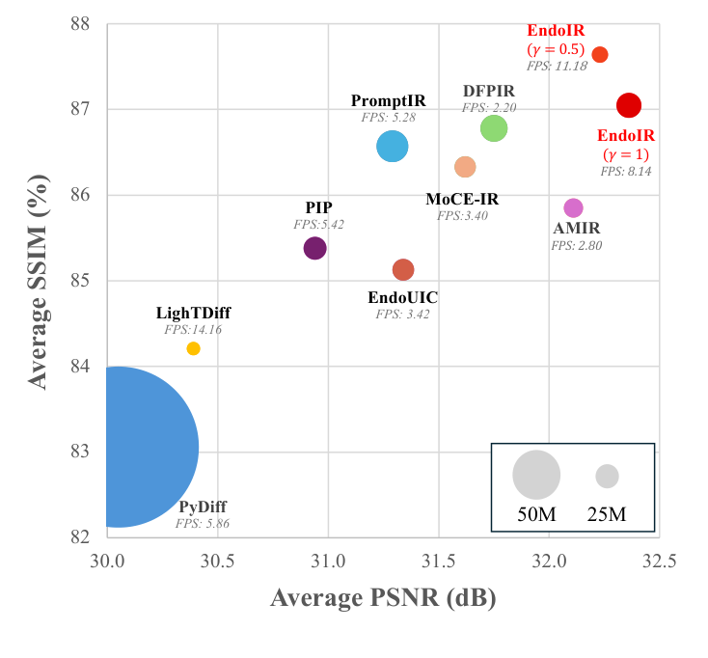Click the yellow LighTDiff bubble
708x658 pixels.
(193, 348)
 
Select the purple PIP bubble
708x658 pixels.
(314, 248)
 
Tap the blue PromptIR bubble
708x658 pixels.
(392, 146)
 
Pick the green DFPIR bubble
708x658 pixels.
(494, 128)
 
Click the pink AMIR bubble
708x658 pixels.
(574, 207)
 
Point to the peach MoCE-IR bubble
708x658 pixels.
(465, 167)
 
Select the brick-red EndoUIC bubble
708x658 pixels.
(403, 269)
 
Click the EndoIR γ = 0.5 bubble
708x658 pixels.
(600, 54)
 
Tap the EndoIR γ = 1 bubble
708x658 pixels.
(629, 105)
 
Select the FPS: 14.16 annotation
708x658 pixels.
(194, 329)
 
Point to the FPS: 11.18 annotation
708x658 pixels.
(557, 67)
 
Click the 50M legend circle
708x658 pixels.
(536, 474)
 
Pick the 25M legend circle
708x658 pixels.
(607, 476)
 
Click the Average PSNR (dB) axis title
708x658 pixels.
(383, 598)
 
